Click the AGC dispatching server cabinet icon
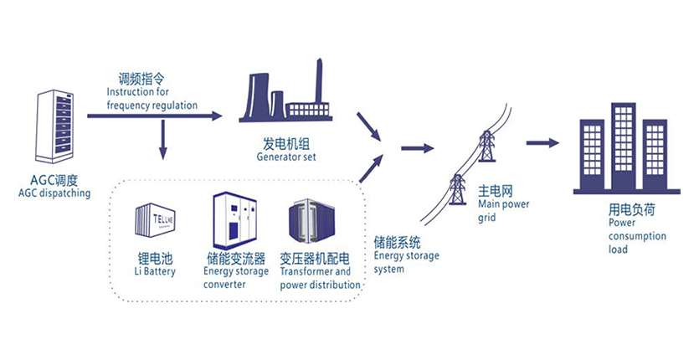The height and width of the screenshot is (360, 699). point(54,126)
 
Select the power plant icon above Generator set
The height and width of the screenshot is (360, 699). point(285,94)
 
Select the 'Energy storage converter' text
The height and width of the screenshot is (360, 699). point(236,277)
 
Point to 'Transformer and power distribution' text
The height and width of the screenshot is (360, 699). point(320,278)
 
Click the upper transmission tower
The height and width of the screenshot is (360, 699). point(486,146)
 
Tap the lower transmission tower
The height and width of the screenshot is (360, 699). point(457,189)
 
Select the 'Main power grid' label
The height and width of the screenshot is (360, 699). point(502,209)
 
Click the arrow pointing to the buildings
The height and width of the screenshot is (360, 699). point(543,142)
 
